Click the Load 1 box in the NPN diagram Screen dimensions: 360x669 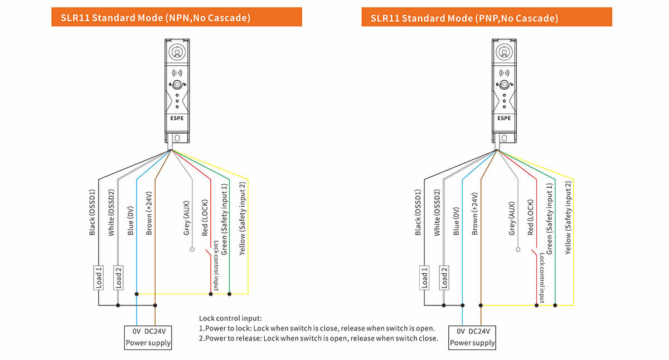point(99,278)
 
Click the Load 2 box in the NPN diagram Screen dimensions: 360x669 point(118,278)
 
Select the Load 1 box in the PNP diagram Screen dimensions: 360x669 point(424,278)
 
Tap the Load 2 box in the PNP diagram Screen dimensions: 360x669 point(444,278)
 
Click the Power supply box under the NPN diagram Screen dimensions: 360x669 point(148,337)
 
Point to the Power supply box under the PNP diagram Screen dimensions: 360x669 point(472,337)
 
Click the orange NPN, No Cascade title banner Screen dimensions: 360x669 point(177,17)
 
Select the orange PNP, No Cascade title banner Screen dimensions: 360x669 point(486,17)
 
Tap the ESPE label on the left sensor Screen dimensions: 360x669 point(177,118)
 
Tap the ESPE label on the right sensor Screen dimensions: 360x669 point(504,118)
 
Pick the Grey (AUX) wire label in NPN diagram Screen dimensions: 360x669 point(187,218)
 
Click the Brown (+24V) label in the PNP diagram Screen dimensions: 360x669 point(475,214)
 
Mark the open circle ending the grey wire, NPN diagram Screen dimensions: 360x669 point(192,250)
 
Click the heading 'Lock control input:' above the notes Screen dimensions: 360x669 point(230,318)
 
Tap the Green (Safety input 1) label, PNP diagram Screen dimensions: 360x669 point(550,218)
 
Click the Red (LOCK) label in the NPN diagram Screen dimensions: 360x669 point(205,217)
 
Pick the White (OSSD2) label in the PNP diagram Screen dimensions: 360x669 point(437,212)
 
